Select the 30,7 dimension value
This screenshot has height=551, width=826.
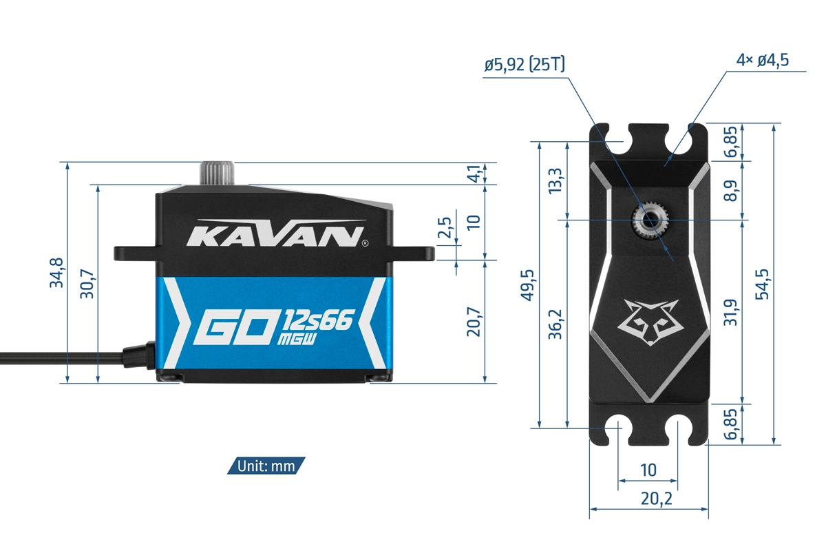(x=87, y=283)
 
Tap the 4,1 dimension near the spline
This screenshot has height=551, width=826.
(x=473, y=174)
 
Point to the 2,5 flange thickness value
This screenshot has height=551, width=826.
(x=445, y=227)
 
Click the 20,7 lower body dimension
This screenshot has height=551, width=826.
(x=473, y=322)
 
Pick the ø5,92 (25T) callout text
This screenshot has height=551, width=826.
(x=525, y=65)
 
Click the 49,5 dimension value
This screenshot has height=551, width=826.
(x=527, y=284)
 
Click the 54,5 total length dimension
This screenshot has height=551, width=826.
(x=762, y=284)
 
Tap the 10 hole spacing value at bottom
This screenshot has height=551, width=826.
(x=648, y=470)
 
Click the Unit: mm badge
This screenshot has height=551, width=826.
(x=266, y=466)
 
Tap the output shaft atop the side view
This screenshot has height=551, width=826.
(x=217, y=173)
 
